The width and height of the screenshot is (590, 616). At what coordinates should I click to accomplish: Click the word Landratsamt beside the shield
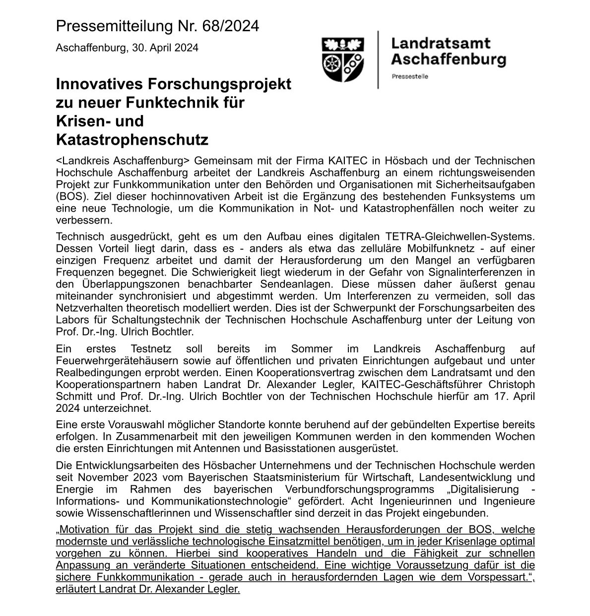(x=440, y=43)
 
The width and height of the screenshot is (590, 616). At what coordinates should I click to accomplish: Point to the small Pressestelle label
(x=409, y=77)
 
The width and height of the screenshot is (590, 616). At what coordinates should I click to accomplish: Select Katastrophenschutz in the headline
(x=132, y=140)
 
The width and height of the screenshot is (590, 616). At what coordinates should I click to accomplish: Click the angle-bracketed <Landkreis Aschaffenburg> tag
(x=123, y=161)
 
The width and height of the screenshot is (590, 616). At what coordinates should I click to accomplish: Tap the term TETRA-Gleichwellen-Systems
(x=460, y=236)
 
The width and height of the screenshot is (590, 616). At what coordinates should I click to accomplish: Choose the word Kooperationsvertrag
(x=272, y=373)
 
